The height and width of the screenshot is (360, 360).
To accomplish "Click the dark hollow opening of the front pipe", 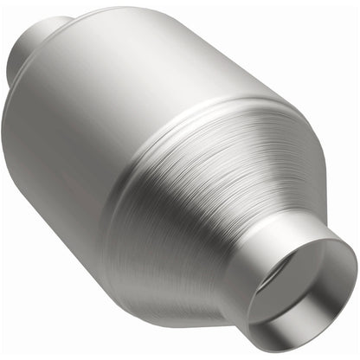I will [299, 286].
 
